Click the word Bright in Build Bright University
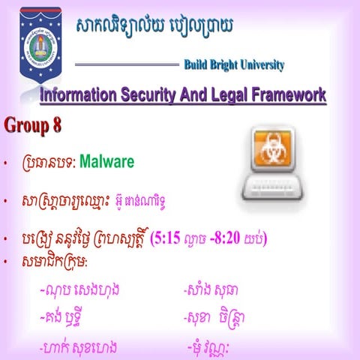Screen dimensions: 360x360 pyautogui.click(x=226, y=65)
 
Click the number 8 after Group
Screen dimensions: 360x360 pyautogui.click(x=56, y=126)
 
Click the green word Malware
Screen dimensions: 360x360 pyautogui.click(x=106, y=161)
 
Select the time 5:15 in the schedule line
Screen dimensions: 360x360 pyautogui.click(x=170, y=239)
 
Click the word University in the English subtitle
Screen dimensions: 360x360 pyautogui.click(x=265, y=65)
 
